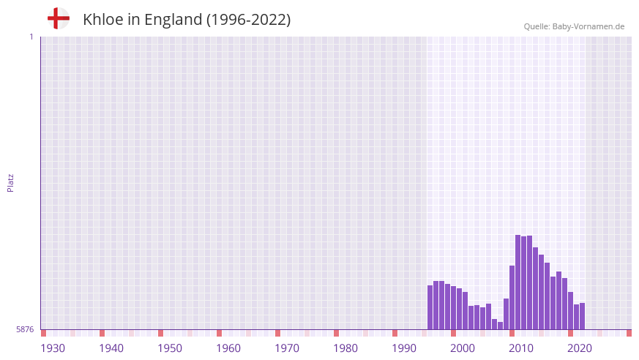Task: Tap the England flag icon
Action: [x=59, y=18]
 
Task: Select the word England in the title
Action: [x=173, y=20]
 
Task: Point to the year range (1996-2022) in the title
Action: [x=248, y=20]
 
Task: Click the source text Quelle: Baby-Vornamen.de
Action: [x=574, y=26]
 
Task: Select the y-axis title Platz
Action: [x=10, y=183]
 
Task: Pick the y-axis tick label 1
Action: [x=31, y=37]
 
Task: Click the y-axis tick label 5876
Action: [x=25, y=329]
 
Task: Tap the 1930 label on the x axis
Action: [x=53, y=348]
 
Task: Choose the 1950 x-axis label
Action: [x=170, y=348]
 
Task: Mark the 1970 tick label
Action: [x=287, y=348]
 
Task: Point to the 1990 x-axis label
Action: [x=404, y=348]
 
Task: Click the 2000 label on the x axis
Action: [x=463, y=348]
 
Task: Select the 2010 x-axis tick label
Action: [x=521, y=348]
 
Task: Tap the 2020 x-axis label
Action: [x=580, y=348]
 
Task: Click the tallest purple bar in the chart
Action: [x=517, y=282]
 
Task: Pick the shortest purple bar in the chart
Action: [x=500, y=326]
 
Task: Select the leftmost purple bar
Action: [x=430, y=307]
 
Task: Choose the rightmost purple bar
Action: [x=582, y=316]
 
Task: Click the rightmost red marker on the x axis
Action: [x=629, y=333]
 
